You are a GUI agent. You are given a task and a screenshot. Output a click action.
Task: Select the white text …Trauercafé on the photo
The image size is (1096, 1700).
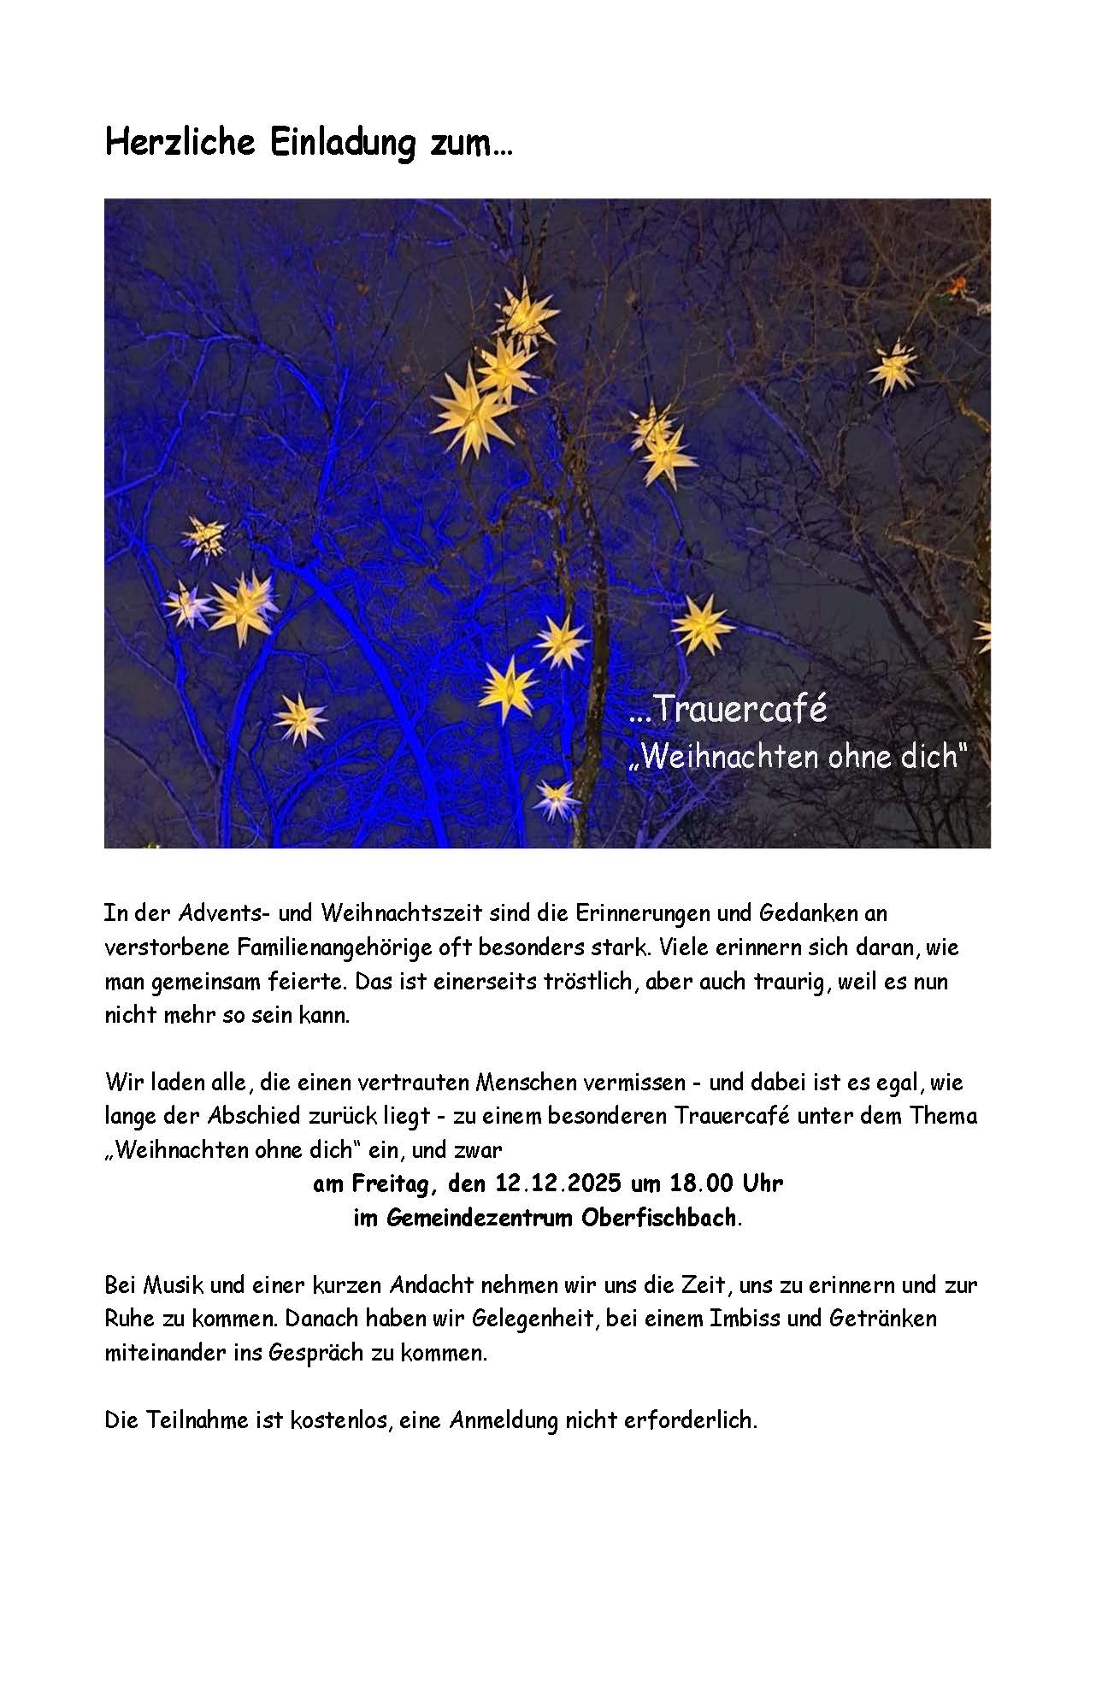728,711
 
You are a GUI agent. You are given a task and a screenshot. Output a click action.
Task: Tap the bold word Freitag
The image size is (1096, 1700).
394,1184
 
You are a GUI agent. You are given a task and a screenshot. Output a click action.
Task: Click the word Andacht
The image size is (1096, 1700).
430,1284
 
